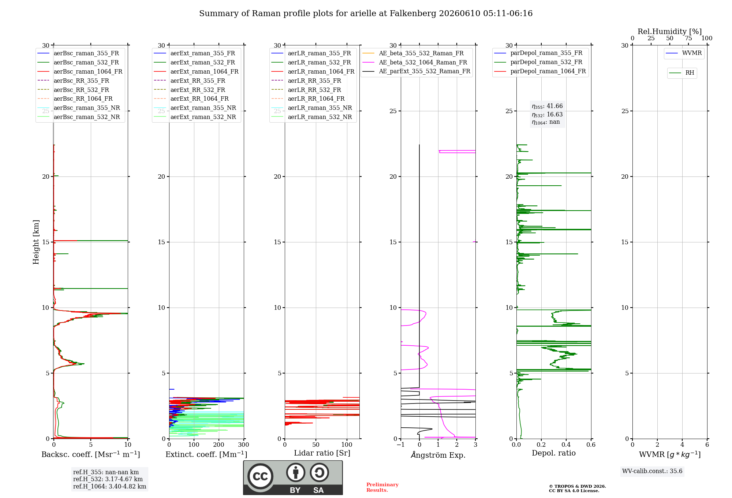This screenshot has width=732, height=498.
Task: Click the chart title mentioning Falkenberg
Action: pyautogui.click(x=366, y=14)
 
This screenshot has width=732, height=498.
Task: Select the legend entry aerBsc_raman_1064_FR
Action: pyautogui.click(x=80, y=71)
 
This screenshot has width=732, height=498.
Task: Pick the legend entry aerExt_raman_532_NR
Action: pyautogui.click(x=196, y=117)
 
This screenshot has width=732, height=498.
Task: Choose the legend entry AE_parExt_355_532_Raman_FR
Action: pyautogui.click(x=417, y=71)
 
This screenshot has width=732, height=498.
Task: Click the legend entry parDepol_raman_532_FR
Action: pyautogui.click(x=538, y=62)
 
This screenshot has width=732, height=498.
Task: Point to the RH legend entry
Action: pyautogui.click(x=682, y=73)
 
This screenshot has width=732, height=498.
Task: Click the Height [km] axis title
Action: pyautogui.click(x=36, y=242)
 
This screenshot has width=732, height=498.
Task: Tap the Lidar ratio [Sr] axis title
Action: pyautogui.click(x=322, y=453)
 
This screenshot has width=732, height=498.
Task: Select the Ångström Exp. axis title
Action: pyautogui.click(x=438, y=455)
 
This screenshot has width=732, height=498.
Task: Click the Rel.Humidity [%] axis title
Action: pyautogui.click(x=670, y=31)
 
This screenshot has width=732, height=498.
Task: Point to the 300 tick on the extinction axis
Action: pyautogui.click(x=243, y=445)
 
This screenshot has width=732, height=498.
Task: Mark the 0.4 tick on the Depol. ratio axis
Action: pyautogui.click(x=566, y=445)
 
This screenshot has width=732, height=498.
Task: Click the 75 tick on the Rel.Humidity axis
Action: pyautogui.click(x=688, y=38)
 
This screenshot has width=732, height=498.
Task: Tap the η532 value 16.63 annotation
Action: pyautogui.click(x=547, y=114)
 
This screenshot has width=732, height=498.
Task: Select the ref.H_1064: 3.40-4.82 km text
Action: pyautogui.click(x=110, y=486)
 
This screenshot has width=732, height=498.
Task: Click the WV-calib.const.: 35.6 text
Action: pyautogui.click(x=652, y=471)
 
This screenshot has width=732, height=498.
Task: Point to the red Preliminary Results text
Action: pyautogui.click(x=382, y=487)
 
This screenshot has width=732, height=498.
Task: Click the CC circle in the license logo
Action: pyautogui.click(x=260, y=476)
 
